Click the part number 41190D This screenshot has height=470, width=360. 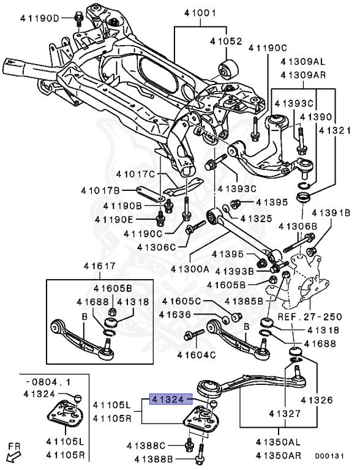click(40, 18)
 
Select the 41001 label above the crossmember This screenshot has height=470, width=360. click(200, 13)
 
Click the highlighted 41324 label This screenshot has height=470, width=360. click(168, 399)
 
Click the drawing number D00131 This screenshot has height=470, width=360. click(329, 456)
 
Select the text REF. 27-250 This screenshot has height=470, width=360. click(310, 316)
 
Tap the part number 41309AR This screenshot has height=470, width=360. click(303, 75)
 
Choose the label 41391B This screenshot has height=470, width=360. click(331, 213)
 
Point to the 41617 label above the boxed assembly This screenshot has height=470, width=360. click(100, 266)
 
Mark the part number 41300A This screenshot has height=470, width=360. click(190, 269)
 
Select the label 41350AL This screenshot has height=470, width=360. click(278, 442)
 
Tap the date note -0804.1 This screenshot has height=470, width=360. click(48, 382)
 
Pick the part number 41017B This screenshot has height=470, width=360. click(100, 190)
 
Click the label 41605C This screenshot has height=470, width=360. click(181, 301)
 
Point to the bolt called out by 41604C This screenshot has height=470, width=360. click(194, 334)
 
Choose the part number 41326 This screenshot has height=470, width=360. click(317, 400)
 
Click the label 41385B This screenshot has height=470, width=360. click(244, 301)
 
